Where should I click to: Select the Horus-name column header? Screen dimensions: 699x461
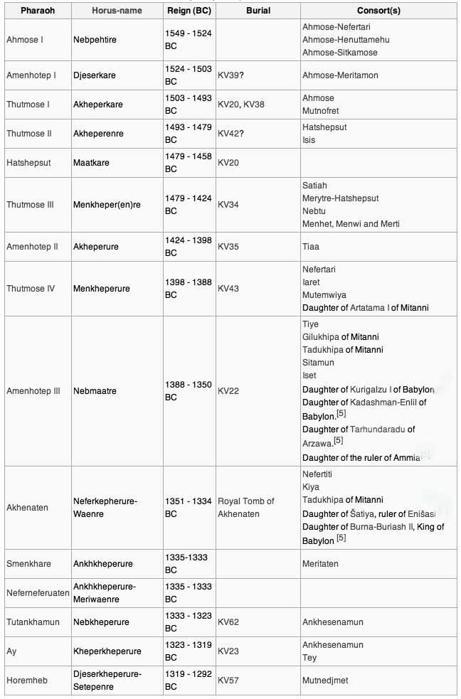click(x=117, y=11)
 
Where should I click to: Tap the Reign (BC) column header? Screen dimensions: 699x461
click(x=188, y=11)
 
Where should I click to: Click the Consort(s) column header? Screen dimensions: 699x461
click(x=378, y=11)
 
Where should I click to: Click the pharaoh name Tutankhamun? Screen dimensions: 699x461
click(x=33, y=622)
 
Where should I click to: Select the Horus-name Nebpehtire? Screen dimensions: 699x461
click(x=95, y=40)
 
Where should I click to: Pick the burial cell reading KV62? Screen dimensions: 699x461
click(x=228, y=622)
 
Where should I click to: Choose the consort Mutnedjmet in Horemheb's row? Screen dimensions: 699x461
click(x=326, y=681)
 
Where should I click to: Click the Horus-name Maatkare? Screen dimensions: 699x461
click(x=92, y=163)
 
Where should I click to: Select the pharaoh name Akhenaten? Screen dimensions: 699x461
click(x=27, y=508)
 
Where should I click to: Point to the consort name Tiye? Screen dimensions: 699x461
click(x=311, y=324)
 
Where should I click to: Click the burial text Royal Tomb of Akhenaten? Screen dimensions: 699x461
click(x=245, y=508)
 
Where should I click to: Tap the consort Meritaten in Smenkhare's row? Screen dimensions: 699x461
click(x=320, y=564)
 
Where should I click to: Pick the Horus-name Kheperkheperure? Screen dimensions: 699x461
click(x=107, y=651)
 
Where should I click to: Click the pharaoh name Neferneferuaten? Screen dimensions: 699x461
click(x=37, y=593)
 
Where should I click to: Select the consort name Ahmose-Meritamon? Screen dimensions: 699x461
click(x=340, y=75)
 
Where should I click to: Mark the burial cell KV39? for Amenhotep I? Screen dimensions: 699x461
click(x=231, y=75)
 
